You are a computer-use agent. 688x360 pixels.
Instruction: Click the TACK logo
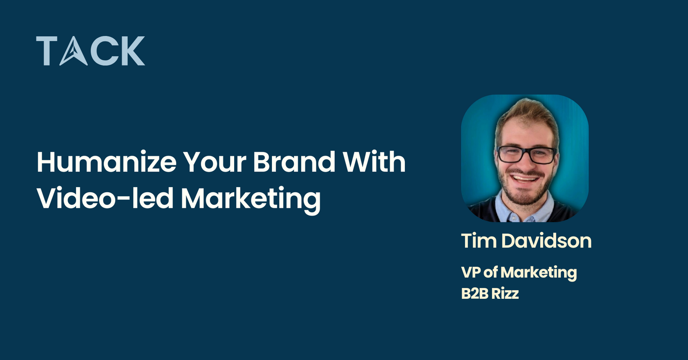[91, 51]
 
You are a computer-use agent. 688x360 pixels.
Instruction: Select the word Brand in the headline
[294, 162]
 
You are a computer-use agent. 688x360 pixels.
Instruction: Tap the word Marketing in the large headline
[251, 199]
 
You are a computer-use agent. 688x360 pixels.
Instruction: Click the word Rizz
[505, 293]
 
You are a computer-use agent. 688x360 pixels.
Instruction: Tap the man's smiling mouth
[525, 178]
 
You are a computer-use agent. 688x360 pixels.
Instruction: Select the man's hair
[527, 112]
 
